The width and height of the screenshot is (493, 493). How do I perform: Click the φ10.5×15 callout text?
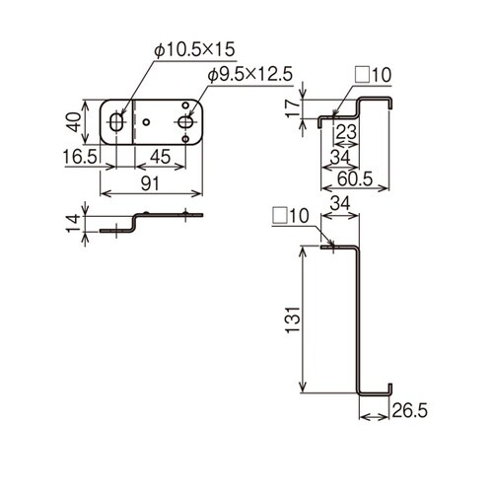(x=195, y=50)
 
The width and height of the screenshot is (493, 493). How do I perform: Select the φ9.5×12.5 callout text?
(x=249, y=75)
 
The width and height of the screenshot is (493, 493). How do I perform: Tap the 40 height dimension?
(x=75, y=122)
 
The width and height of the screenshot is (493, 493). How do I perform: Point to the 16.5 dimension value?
(x=81, y=157)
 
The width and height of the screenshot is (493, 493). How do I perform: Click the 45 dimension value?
(x=160, y=157)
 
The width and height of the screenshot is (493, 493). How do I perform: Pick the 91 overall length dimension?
(x=150, y=183)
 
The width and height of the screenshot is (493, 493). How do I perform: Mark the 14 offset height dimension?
(x=73, y=224)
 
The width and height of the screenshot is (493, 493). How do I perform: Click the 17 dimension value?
(x=293, y=107)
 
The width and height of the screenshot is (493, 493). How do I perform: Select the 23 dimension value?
(x=346, y=132)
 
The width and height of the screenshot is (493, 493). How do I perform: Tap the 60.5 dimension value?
(x=355, y=179)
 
